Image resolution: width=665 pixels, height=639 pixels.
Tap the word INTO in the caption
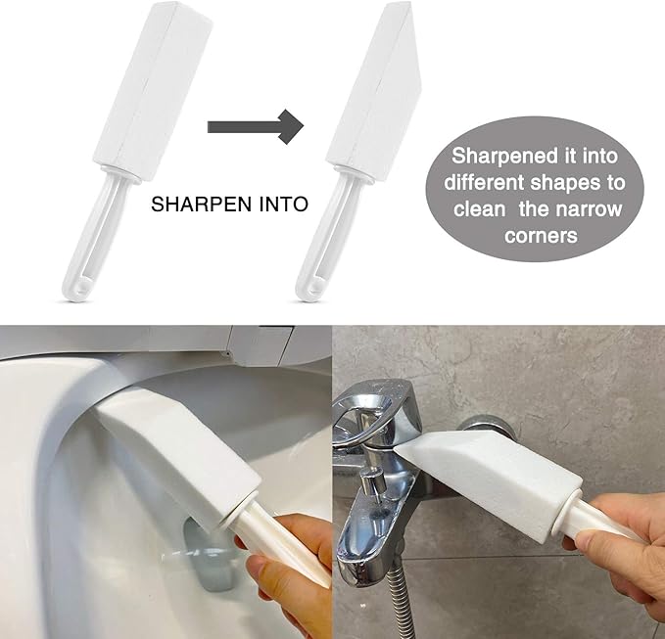(x=280, y=205)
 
